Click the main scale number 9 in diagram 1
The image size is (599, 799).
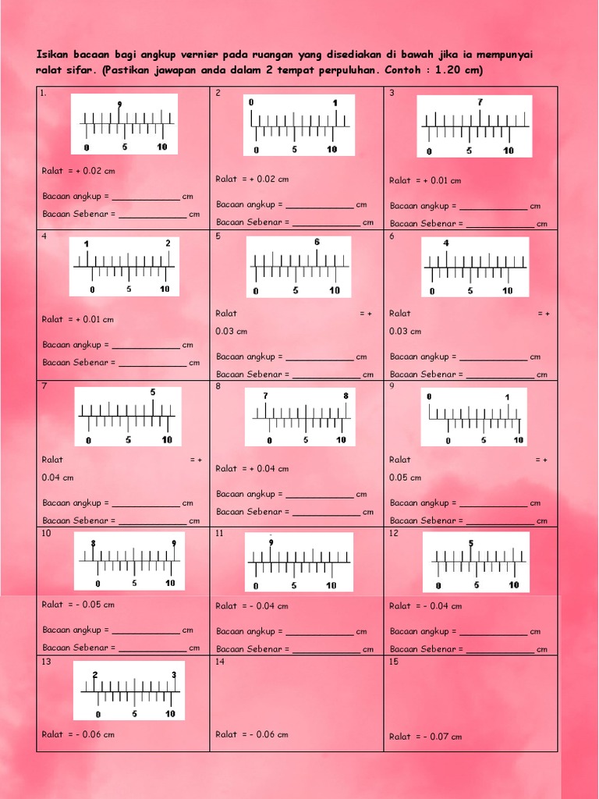coord(119,105)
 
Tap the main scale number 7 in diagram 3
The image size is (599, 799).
coord(480,102)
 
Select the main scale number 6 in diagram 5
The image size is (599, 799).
coord(317,242)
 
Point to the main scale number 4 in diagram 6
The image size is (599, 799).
coord(446,243)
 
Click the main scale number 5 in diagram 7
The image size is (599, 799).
coord(153,392)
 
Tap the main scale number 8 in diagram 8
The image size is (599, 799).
coord(346,396)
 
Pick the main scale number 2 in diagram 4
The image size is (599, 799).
coord(168,243)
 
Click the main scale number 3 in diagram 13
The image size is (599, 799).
coord(173,674)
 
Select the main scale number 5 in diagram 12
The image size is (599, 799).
coord(471,543)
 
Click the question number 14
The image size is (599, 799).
coord(220,662)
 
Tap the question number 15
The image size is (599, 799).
coord(394,662)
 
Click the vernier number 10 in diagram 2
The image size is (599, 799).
coord(331,149)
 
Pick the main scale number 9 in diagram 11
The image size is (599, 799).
coord(271,542)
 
